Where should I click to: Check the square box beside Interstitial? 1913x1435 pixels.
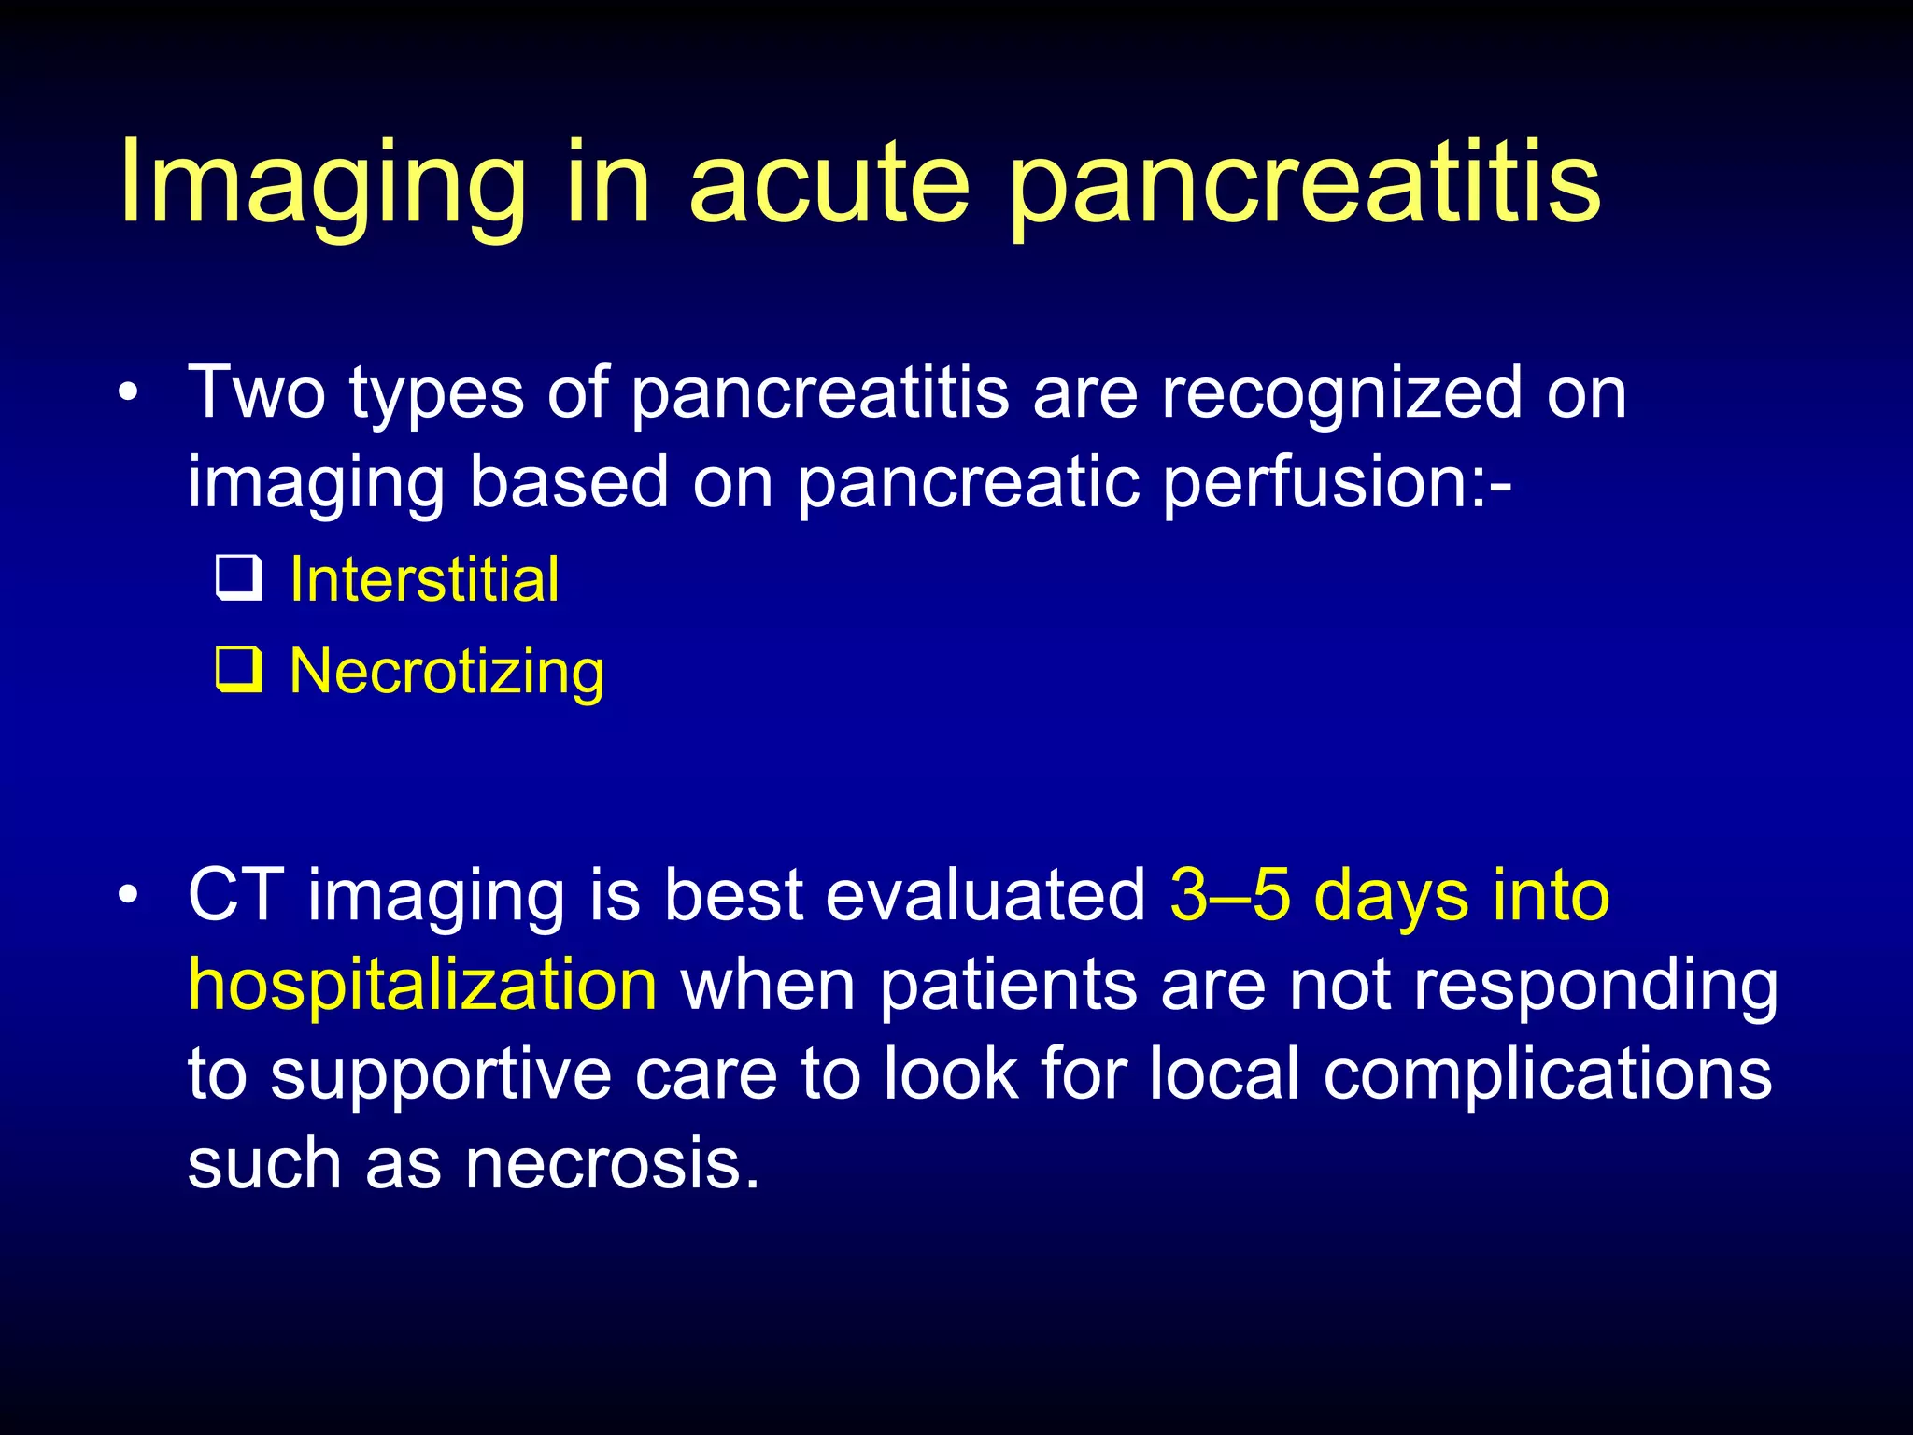[x=238, y=579]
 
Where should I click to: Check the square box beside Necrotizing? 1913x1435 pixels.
[x=238, y=670]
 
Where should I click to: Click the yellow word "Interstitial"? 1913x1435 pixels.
[x=424, y=579]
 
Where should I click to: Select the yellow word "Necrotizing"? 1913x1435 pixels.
[x=446, y=673]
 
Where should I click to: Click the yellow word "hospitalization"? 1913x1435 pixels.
[x=422, y=986]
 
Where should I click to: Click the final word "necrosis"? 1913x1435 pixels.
[x=611, y=1164]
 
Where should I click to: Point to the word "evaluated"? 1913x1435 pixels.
[x=985, y=895]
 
